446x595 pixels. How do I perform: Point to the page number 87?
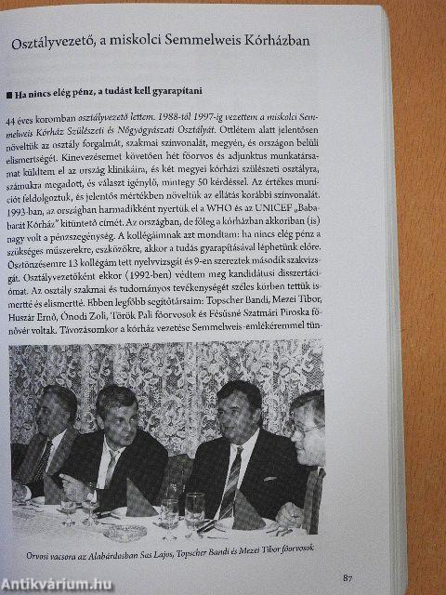coord(347,578)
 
